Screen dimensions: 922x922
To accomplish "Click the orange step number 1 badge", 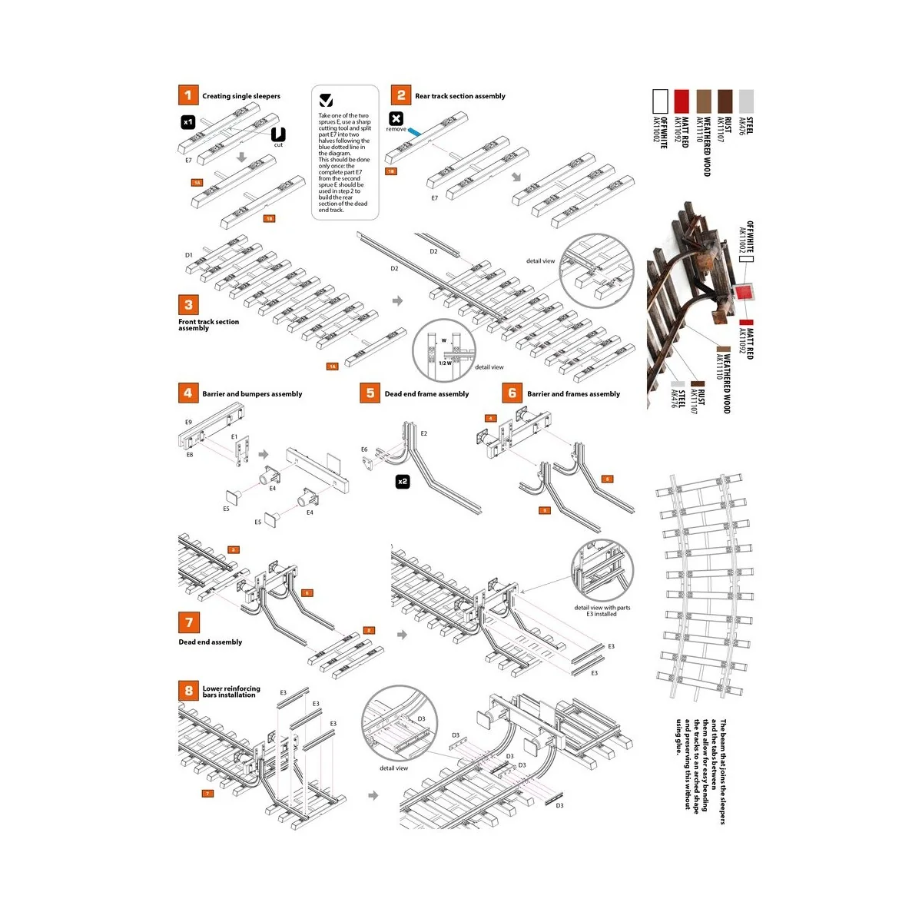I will (188, 95).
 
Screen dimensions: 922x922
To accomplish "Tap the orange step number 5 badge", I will (370, 393).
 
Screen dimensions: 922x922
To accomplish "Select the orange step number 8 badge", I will (188, 690).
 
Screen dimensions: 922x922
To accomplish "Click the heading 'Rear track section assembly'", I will (459, 96).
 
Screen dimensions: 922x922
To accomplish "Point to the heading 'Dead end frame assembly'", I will (426, 394).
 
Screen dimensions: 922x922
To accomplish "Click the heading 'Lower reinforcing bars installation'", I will (231, 691).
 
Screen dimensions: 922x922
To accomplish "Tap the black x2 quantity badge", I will (402, 482).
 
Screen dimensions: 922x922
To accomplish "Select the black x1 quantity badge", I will (188, 121).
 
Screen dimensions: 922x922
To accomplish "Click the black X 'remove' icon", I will (396, 118).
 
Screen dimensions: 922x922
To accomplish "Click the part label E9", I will (188, 422).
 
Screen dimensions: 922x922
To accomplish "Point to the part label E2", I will (423, 433).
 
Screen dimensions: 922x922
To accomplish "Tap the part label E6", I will (364, 449).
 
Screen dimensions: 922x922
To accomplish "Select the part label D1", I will (188, 255).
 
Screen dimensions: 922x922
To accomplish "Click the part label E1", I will (234, 436).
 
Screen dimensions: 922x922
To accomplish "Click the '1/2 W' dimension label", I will (445, 363).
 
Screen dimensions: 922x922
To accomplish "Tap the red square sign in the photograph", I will (743, 294).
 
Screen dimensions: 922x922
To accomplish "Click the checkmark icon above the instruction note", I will (326, 101).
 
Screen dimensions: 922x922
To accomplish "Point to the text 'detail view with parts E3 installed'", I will (602, 611).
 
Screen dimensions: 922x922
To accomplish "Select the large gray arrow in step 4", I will (264, 454).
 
